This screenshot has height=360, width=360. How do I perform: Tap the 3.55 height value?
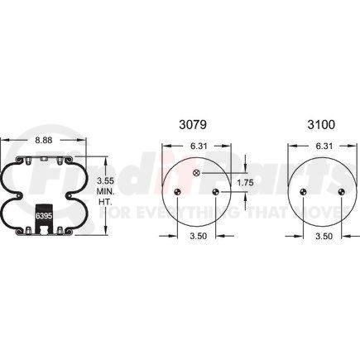click(104, 179)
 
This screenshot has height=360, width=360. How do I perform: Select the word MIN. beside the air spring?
click(105, 190)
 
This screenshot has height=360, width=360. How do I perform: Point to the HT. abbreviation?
click(104, 201)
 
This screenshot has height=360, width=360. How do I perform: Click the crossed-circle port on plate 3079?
click(196, 172)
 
